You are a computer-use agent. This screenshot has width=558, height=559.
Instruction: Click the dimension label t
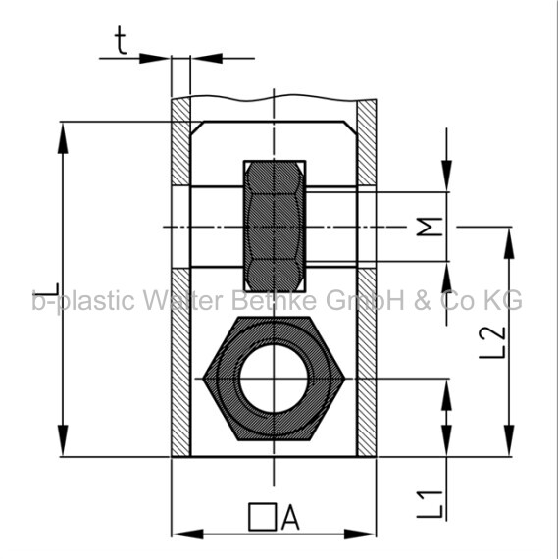(121, 41)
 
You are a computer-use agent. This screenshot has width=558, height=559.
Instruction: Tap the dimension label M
(430, 227)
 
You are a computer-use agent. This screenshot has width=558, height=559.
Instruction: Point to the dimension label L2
(492, 342)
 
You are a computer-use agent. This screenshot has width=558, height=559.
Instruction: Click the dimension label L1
(430, 504)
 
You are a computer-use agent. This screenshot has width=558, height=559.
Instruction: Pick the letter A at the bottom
(290, 517)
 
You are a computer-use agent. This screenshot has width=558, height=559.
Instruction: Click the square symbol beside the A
(263, 517)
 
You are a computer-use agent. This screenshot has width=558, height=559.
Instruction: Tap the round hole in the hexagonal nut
(274, 379)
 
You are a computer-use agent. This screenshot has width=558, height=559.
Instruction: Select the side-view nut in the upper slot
(275, 227)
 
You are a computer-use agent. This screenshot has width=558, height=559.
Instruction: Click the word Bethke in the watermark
(274, 300)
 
